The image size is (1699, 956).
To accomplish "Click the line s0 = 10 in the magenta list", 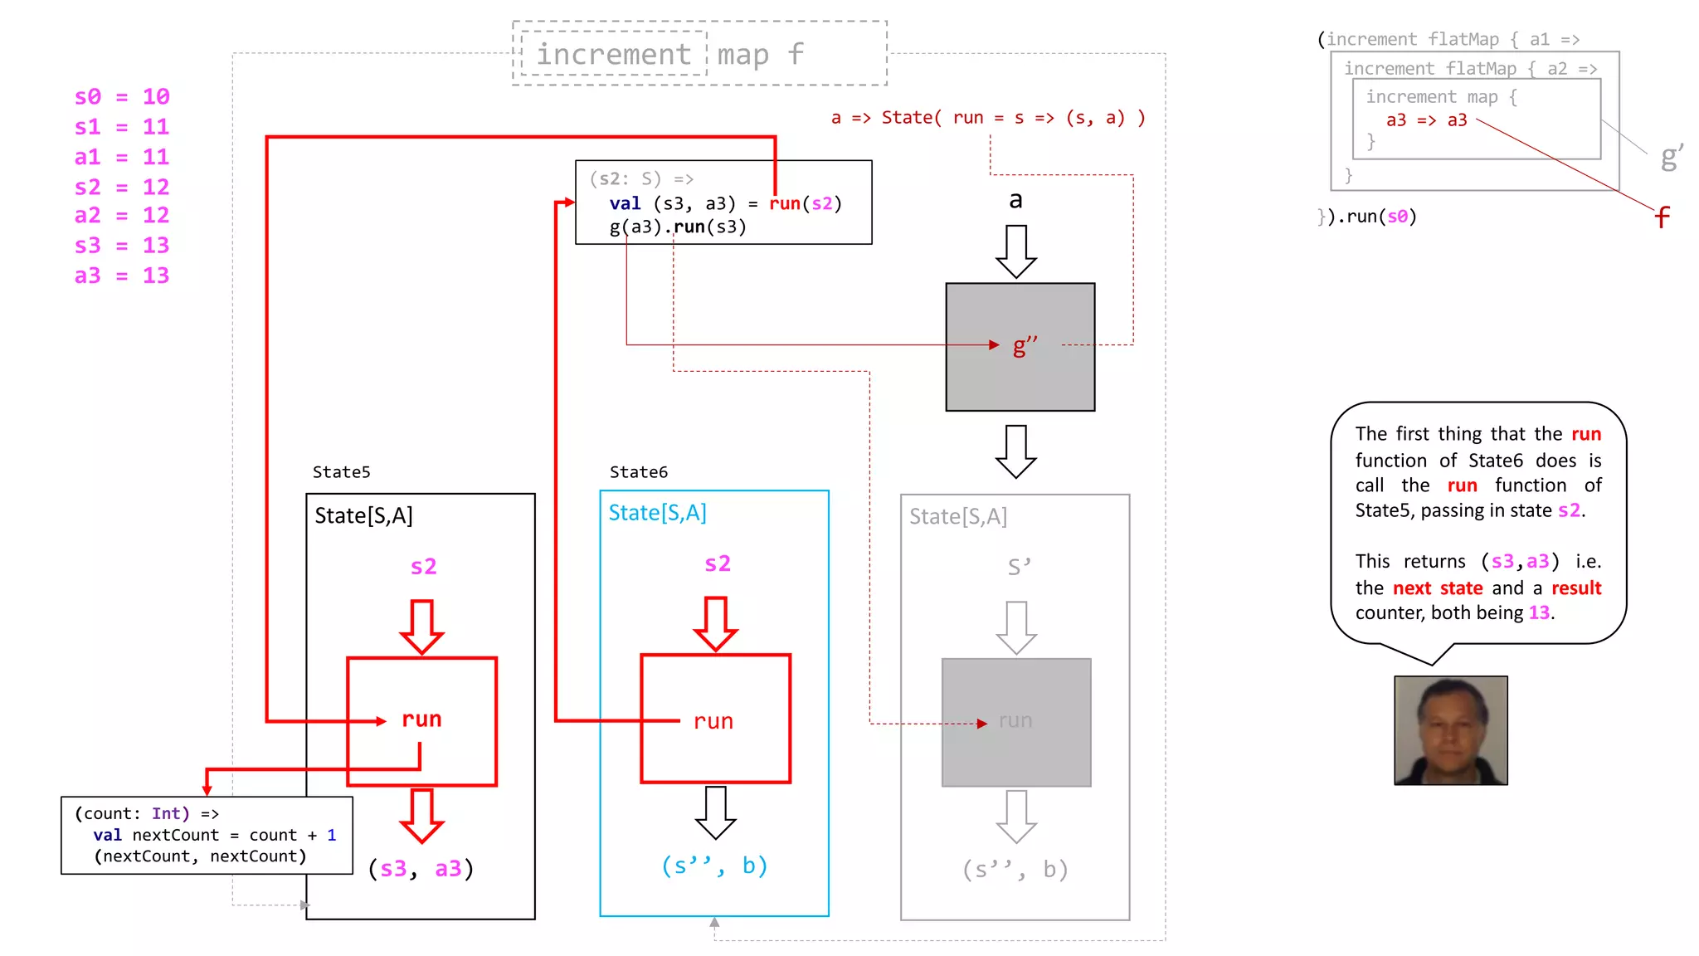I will coord(121,97).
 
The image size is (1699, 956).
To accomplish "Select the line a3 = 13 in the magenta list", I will coord(121,276).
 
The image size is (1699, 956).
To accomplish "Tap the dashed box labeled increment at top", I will coord(613,54).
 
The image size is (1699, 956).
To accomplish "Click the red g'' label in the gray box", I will coord(1025,345).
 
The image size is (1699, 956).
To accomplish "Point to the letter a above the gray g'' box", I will coord(1015,200).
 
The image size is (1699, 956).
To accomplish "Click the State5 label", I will coord(341,472).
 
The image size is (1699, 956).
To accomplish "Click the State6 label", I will coord(638,472).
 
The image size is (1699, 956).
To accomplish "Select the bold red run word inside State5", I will coord(421,719).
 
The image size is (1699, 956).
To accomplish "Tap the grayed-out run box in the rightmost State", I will coord(1016,721).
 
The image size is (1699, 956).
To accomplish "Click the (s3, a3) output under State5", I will coord(421,869).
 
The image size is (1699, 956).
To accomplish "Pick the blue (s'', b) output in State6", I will coord(714,866).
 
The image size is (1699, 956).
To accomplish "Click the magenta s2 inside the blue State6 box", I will coord(717,564).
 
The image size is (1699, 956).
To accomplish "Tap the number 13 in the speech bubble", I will coord(1539,613).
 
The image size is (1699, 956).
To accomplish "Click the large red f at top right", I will coord(1661,217).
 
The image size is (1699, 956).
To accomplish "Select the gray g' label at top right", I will coord(1671,156).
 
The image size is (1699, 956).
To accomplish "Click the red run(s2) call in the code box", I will coord(805,203).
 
